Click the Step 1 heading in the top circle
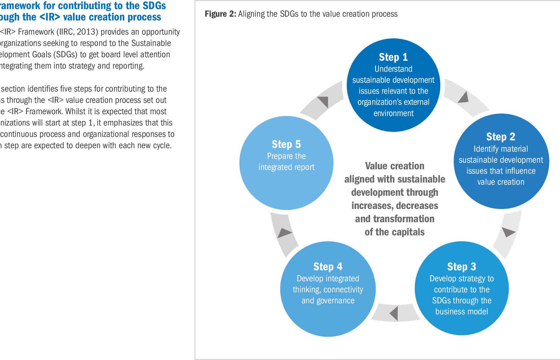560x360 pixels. [x=393, y=57]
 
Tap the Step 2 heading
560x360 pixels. [x=500, y=137]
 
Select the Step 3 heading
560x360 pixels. [x=461, y=267]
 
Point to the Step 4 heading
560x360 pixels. [x=328, y=267]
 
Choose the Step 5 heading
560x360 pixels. [x=286, y=144]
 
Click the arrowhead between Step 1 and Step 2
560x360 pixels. [x=464, y=98]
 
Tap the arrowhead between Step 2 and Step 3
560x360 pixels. [x=507, y=232]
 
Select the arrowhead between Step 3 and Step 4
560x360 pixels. [x=394, y=313]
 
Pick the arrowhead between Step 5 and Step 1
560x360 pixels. [x=323, y=101]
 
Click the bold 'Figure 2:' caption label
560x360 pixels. [x=220, y=14]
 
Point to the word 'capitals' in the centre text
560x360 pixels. [x=409, y=232]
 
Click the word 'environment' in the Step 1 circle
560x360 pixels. [x=393, y=113]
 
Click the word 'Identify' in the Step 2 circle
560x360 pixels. [x=485, y=149]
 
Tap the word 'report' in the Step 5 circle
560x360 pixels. [x=305, y=167]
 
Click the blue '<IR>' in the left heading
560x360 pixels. [x=50, y=17]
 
